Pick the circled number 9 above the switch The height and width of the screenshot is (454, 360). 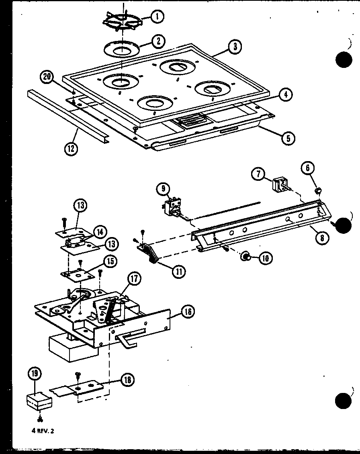pyautogui.click(x=164, y=189)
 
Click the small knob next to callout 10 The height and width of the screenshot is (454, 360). pyautogui.click(x=244, y=257)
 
